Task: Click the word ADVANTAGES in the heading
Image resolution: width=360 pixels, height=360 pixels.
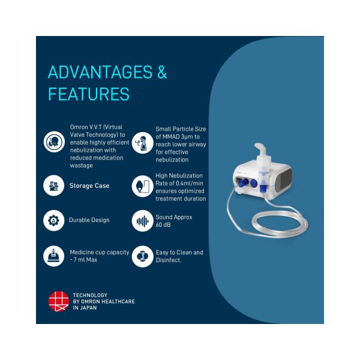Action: pyautogui.click(x=100, y=72)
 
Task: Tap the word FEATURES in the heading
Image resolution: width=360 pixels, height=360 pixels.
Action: pyautogui.click(x=89, y=94)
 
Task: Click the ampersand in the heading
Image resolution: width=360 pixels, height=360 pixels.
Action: pyautogui.click(x=162, y=72)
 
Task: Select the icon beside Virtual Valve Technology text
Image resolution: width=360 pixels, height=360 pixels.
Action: pyautogui.click(x=54, y=142)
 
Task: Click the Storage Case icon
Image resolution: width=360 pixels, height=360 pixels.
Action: pyautogui.click(x=54, y=185)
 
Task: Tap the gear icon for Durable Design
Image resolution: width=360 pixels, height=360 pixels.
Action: pyautogui.click(x=54, y=220)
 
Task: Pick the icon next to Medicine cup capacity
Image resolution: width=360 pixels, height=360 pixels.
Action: pyautogui.click(x=54, y=256)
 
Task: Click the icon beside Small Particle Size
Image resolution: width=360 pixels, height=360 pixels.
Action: pyautogui.click(x=143, y=143)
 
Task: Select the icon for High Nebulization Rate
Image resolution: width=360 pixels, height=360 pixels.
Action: pyautogui.click(x=143, y=186)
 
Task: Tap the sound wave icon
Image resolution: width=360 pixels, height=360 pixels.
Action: pyautogui.click(x=143, y=221)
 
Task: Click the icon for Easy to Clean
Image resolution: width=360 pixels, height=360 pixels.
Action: pyautogui.click(x=143, y=256)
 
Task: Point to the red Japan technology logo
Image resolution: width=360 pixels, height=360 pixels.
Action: pyautogui.click(x=59, y=301)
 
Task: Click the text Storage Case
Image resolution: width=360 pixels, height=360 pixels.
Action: pyautogui.click(x=89, y=185)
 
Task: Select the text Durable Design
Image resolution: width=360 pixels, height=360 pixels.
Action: pyautogui.click(x=89, y=220)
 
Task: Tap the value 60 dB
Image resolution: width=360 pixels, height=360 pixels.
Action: pyautogui.click(x=163, y=225)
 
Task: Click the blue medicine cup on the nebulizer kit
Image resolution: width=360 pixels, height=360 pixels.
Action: pyautogui.click(x=263, y=188)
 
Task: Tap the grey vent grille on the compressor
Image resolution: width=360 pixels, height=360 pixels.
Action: pyautogui.click(x=285, y=181)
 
